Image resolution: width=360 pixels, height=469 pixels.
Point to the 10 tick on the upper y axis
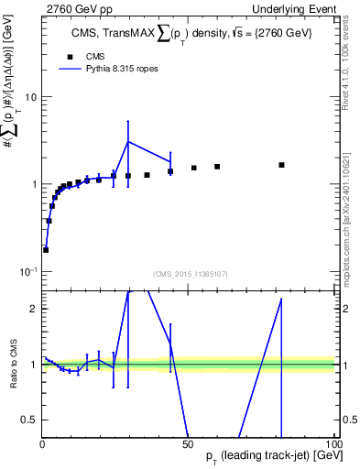[x=30, y=97]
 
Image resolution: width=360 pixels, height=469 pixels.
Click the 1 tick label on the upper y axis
[x=34, y=184]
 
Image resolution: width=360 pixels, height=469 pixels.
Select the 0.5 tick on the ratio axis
[x=29, y=420]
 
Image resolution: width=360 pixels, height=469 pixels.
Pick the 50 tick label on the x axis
[x=188, y=442]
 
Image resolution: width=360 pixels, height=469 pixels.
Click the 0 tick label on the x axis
[x=42, y=442]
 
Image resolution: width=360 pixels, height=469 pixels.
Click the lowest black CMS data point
[x=46, y=249]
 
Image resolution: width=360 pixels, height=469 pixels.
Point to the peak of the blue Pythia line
[x=128, y=141]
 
